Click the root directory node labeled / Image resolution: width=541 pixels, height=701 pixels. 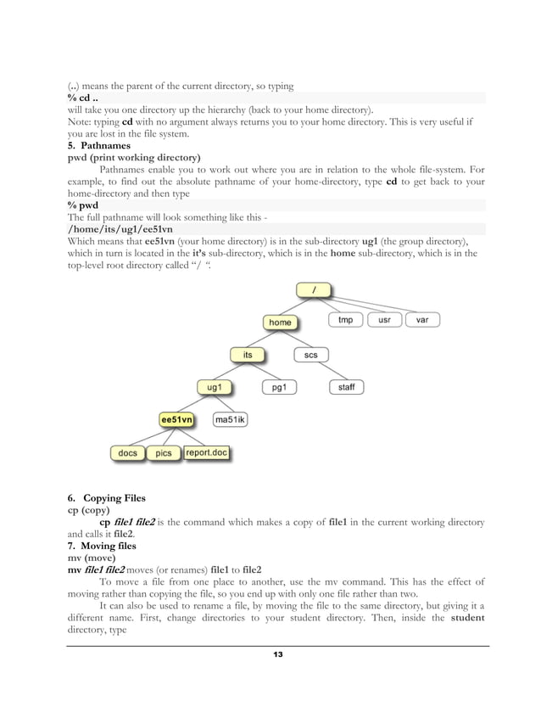pyautogui.click(x=315, y=290)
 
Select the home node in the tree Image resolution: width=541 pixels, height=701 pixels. pyautogui.click(x=280, y=322)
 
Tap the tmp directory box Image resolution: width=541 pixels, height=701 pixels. pyautogui.click(x=346, y=321)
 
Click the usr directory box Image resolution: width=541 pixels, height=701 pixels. pyautogui.click(x=385, y=321)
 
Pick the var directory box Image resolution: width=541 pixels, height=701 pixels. pyautogui.click(x=421, y=321)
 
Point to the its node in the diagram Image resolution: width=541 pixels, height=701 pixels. pyautogui.click(x=248, y=355)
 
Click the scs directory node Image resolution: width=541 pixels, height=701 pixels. pyautogui.click(x=311, y=355)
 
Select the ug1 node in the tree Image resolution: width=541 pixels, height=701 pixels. pyautogui.click(x=215, y=387)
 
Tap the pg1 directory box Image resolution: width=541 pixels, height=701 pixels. pyautogui.click(x=279, y=387)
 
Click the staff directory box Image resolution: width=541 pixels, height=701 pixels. pyautogui.click(x=346, y=387)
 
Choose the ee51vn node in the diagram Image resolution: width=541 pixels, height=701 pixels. pyautogui.click(x=177, y=419)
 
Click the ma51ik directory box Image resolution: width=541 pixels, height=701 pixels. pyautogui.click(x=230, y=419)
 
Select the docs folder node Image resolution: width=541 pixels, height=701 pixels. pyautogui.click(x=127, y=453)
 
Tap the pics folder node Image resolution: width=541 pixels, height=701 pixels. pyautogui.click(x=164, y=453)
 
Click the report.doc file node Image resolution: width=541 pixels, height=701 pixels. pyautogui.click(x=207, y=453)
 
